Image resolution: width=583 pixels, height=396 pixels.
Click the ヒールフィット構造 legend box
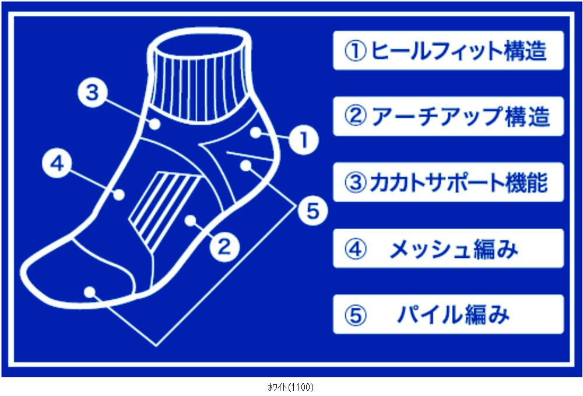tap(448, 51)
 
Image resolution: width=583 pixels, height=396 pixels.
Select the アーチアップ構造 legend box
tap(448, 116)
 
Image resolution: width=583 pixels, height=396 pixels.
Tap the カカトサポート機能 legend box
tap(448, 182)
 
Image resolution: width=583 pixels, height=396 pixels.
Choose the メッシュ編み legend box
tap(448, 248)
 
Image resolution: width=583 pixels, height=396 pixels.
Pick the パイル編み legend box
tap(448, 314)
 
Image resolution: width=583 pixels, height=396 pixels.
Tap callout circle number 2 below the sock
tap(224, 246)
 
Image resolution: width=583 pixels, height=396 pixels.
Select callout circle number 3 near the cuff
tap(93, 92)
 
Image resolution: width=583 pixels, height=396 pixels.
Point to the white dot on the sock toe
tap(89, 292)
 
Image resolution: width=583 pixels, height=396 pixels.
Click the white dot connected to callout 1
tap(256, 132)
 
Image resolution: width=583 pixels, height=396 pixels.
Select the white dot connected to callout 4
tap(119, 194)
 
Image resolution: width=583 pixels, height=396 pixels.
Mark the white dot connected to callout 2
tap(191, 220)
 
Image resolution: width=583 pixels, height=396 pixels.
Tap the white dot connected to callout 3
tap(156, 124)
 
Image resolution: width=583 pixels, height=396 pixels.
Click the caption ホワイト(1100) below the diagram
tap(290, 387)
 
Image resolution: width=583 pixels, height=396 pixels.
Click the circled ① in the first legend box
tap(356, 51)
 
